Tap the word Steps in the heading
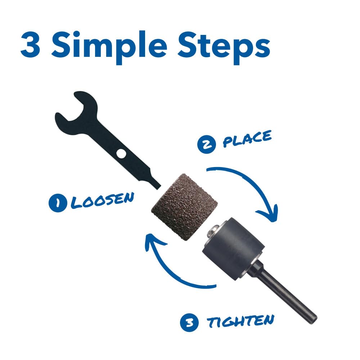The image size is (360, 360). tap(224, 48)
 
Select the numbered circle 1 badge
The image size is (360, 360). tap(58, 203)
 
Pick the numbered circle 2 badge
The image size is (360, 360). tap(207, 144)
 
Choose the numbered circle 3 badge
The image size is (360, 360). tap(189, 323)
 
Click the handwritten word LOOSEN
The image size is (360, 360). tap(102, 200)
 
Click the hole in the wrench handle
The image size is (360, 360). tap(121, 153)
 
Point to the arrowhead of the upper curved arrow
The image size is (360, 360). tap(269, 213)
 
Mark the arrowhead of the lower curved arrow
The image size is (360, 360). tap(154, 241)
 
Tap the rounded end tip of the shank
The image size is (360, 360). tap(314, 320)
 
